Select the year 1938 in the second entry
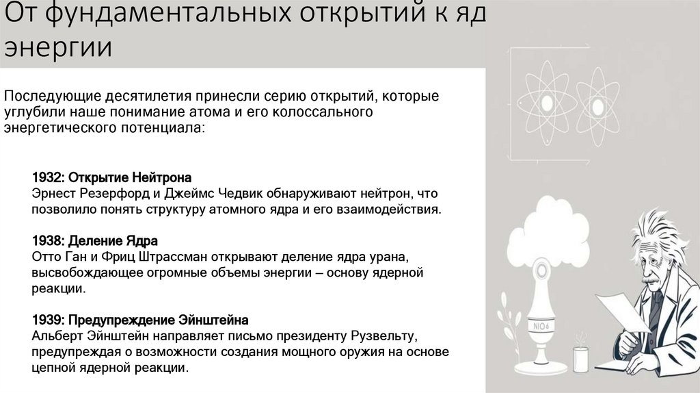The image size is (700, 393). [x=46, y=241]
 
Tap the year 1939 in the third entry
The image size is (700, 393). [x=46, y=320]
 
